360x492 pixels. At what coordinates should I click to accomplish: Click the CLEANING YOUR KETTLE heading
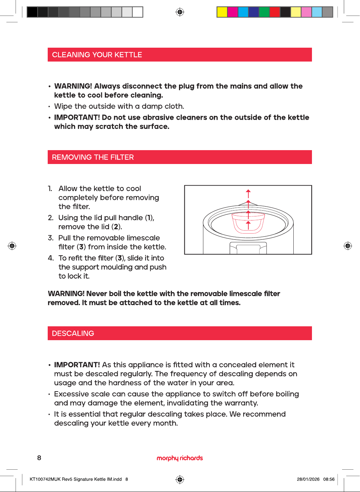(x=97, y=55)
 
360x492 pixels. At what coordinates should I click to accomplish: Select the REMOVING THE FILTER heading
(x=93, y=157)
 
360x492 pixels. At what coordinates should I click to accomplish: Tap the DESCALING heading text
(x=73, y=333)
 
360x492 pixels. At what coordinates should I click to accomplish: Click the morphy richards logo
(x=180, y=458)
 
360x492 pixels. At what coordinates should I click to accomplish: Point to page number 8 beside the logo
(x=39, y=458)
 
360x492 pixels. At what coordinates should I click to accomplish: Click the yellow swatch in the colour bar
(x=222, y=12)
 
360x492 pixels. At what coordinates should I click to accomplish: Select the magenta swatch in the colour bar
(x=232, y=12)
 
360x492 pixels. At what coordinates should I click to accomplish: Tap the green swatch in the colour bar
(x=264, y=12)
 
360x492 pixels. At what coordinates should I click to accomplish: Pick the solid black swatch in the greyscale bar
(x=32, y=12)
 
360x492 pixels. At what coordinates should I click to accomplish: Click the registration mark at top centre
(x=180, y=12)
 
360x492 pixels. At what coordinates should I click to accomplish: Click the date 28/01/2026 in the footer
(x=308, y=479)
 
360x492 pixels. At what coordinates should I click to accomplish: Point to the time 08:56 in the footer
(x=329, y=479)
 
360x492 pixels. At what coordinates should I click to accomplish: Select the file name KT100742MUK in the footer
(x=45, y=479)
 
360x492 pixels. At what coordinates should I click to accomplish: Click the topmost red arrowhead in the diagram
(x=248, y=191)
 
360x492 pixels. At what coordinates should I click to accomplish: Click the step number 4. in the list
(x=51, y=258)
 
